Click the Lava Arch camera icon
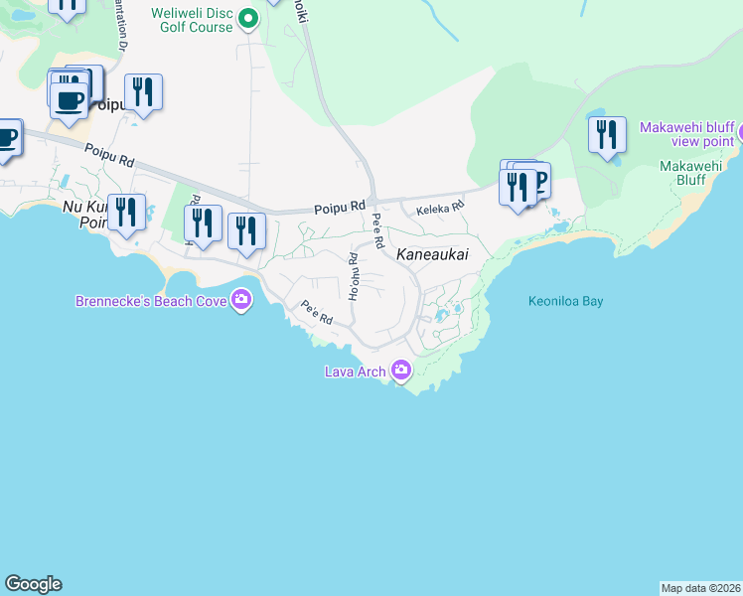tap(401, 371)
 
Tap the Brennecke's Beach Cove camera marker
tap(241, 299)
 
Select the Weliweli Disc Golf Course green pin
tap(248, 19)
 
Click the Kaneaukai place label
tap(432, 255)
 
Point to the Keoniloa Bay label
tap(565, 301)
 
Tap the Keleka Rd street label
tap(440, 209)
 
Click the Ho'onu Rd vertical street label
tap(353, 276)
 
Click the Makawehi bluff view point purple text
tap(686, 134)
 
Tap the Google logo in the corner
tap(33, 584)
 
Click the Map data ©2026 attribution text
tap(700, 587)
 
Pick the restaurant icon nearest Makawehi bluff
tap(607, 134)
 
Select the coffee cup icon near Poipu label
tap(69, 99)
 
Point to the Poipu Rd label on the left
tap(108, 154)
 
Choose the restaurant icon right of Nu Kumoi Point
tap(126, 213)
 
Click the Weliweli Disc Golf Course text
tap(192, 20)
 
